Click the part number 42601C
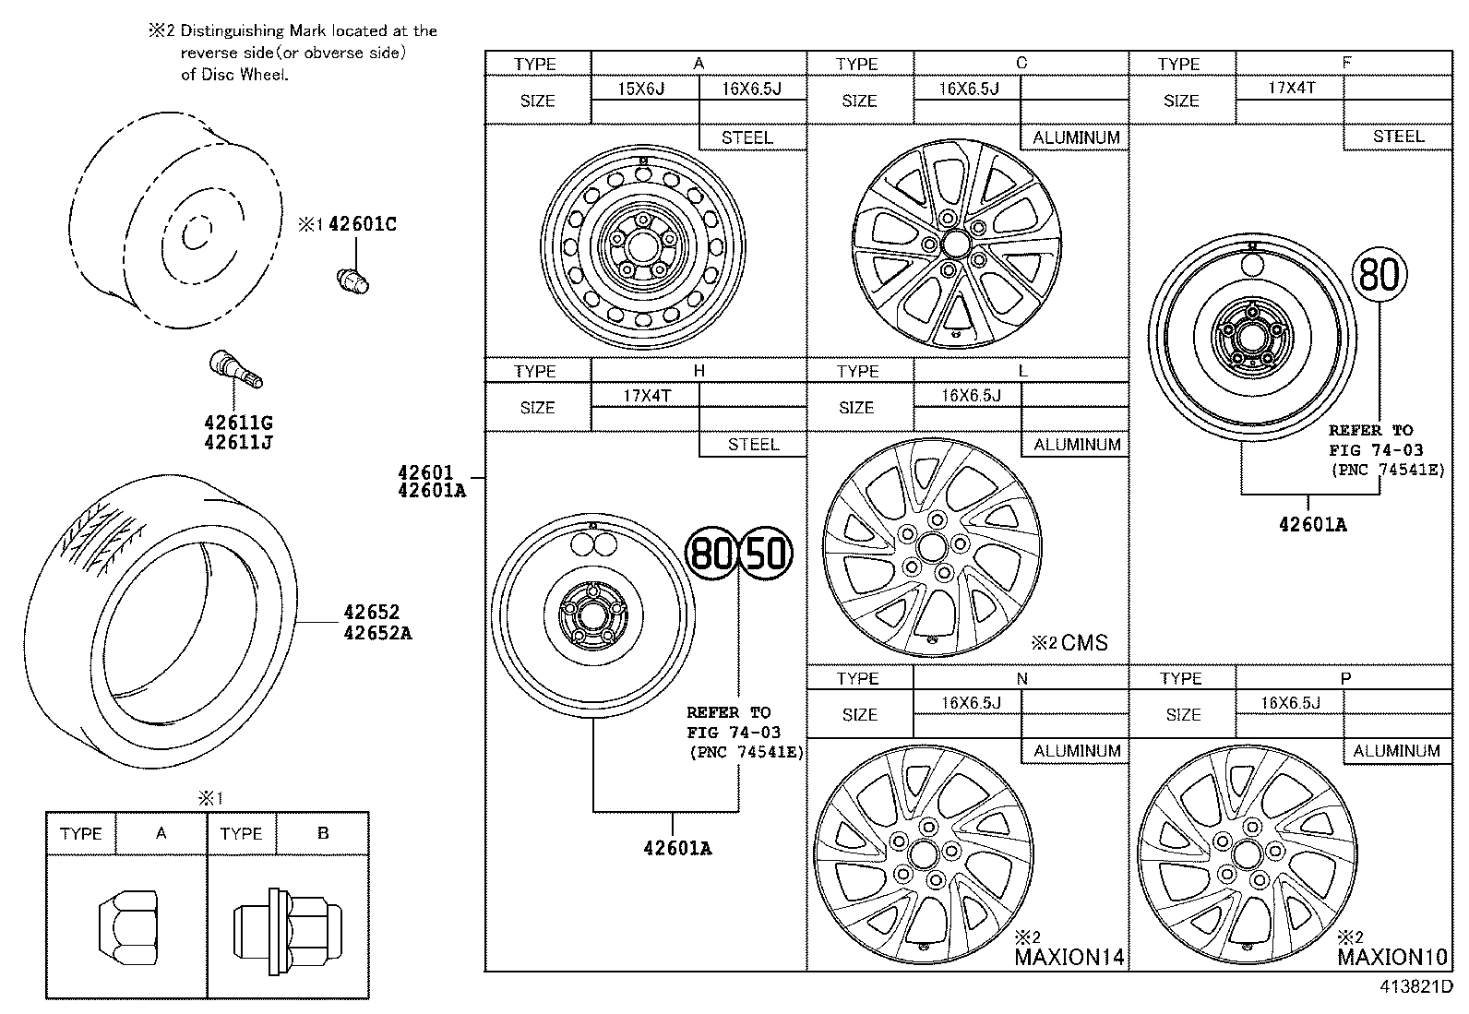[362, 224]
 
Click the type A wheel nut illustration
[127, 924]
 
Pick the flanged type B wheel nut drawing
[285, 925]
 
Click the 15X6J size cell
[642, 89]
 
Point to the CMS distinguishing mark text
[1083, 643]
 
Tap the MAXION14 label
[1069, 957]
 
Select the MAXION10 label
[1391, 957]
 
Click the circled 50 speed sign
[767, 554]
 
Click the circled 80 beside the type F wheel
[1380, 274]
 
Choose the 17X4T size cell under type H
[646, 396]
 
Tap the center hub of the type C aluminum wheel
[955, 244]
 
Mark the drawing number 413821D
[1416, 986]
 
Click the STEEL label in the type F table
[1398, 137]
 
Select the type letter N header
[1021, 678]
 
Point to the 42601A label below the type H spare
[677, 848]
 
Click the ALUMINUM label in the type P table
[1396, 751]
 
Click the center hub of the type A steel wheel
[639, 245]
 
